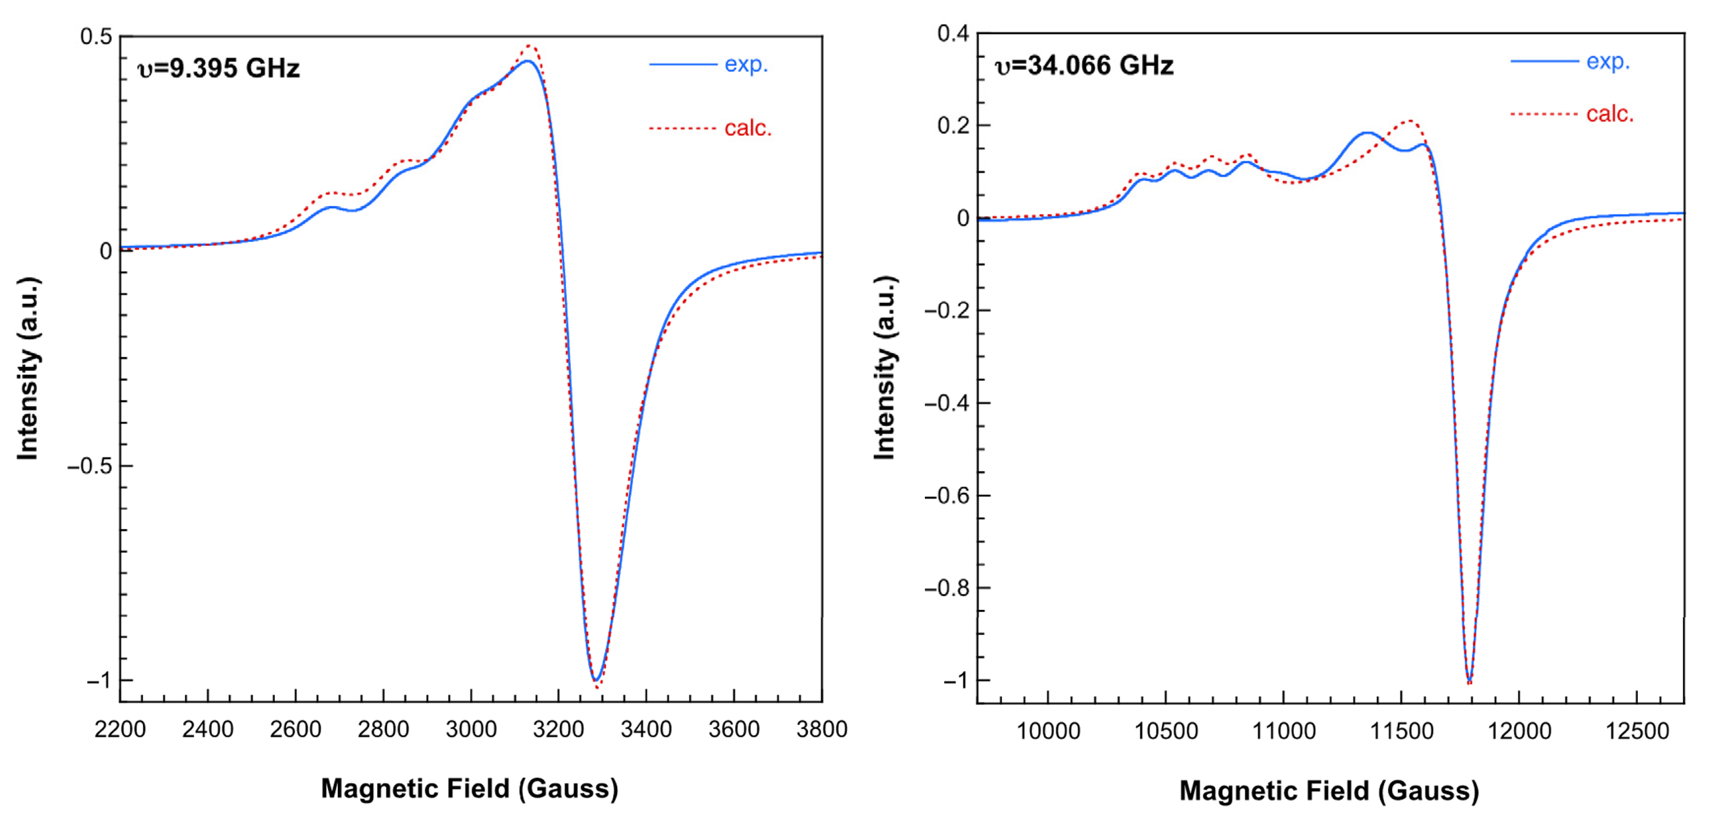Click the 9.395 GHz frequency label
(x=218, y=68)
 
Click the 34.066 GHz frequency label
(x=1084, y=65)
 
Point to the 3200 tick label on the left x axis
(x=559, y=729)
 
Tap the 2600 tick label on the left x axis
(x=295, y=729)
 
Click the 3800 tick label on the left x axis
(x=822, y=729)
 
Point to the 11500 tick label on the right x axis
(x=1401, y=731)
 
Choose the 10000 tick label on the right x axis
(x=1048, y=731)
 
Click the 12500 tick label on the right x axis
(x=1637, y=731)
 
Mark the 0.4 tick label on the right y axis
(x=953, y=33)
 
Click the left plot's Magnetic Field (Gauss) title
(x=469, y=788)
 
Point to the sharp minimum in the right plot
(x=1469, y=681)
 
